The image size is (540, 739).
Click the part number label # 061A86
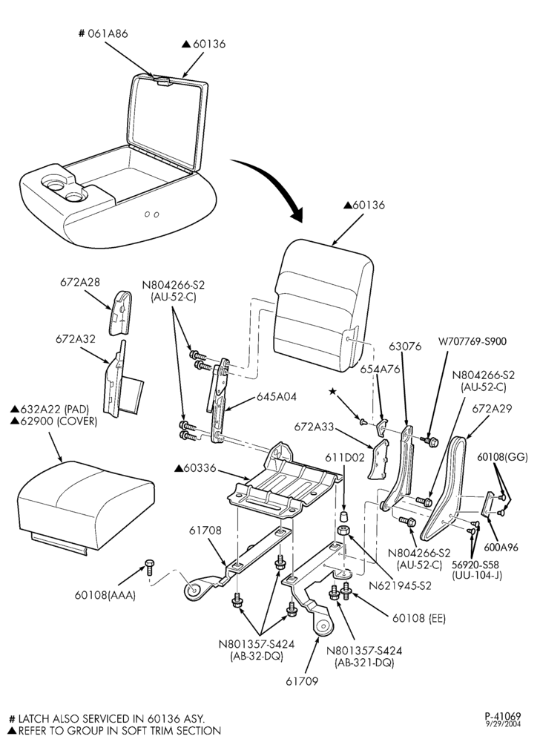pos(102,34)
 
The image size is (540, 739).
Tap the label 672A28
pos(80,282)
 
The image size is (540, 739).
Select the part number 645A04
pos(277,397)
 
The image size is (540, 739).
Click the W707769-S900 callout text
pos(472,341)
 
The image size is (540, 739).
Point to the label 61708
pos(205,531)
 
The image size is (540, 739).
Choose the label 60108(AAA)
pos(105,595)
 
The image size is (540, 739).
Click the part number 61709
pos(302,681)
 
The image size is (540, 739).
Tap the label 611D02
pos(344,457)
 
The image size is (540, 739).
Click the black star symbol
pos(333,391)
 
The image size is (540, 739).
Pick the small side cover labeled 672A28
pos(120,312)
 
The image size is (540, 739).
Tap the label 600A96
pos(501,548)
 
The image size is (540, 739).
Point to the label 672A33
pos(314,427)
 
